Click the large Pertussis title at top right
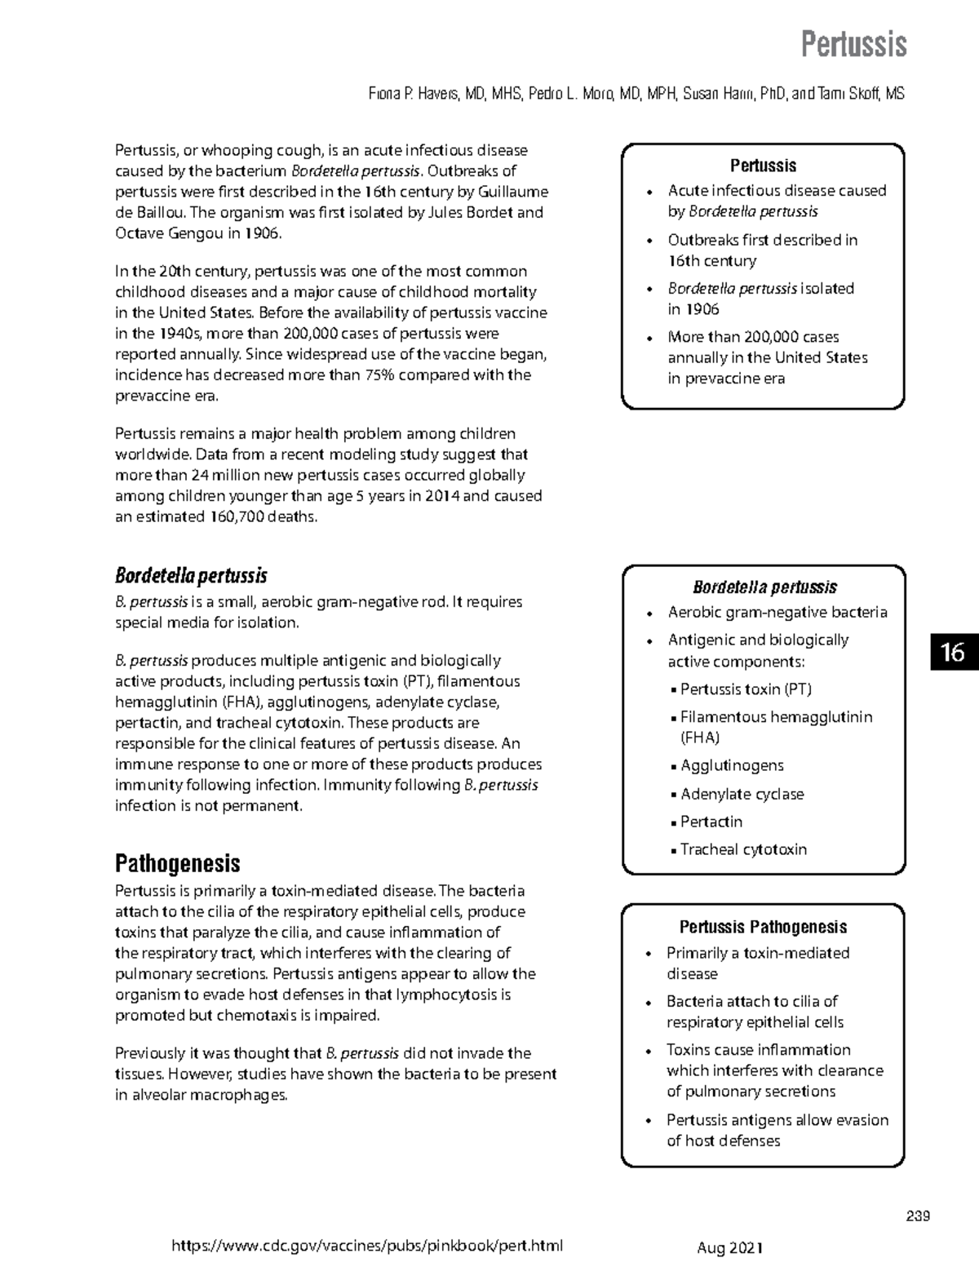click(853, 44)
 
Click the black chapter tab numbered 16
click(953, 652)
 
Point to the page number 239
click(919, 1216)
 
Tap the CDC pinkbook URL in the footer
click(366, 1246)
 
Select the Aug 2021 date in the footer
click(729, 1247)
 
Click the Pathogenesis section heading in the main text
click(177, 863)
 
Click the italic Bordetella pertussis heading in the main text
click(191, 576)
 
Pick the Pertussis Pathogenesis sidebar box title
click(763, 927)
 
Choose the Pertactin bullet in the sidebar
click(711, 822)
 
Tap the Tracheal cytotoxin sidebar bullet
click(743, 849)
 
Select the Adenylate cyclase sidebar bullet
click(742, 794)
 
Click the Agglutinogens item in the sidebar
click(732, 765)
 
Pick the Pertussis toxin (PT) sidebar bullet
click(746, 689)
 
